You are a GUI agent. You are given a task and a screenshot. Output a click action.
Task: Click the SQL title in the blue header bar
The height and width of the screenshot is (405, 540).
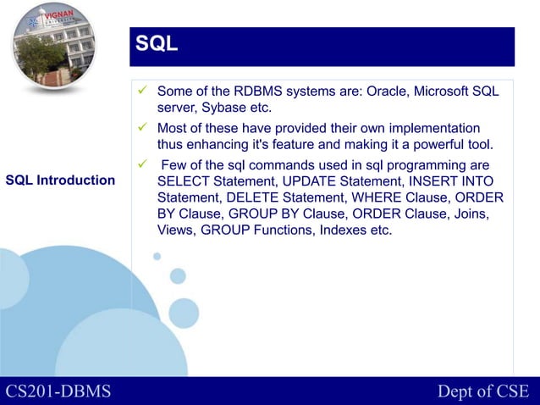coord(157,45)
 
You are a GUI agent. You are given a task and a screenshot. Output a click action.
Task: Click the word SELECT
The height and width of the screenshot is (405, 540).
coord(183,181)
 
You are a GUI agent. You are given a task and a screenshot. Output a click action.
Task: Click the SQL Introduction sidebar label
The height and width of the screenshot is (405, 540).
coord(60,180)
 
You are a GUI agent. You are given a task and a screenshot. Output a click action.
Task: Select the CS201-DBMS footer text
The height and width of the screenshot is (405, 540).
coord(58,391)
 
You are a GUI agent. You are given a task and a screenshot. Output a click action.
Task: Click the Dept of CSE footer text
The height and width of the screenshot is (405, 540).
coord(482,391)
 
